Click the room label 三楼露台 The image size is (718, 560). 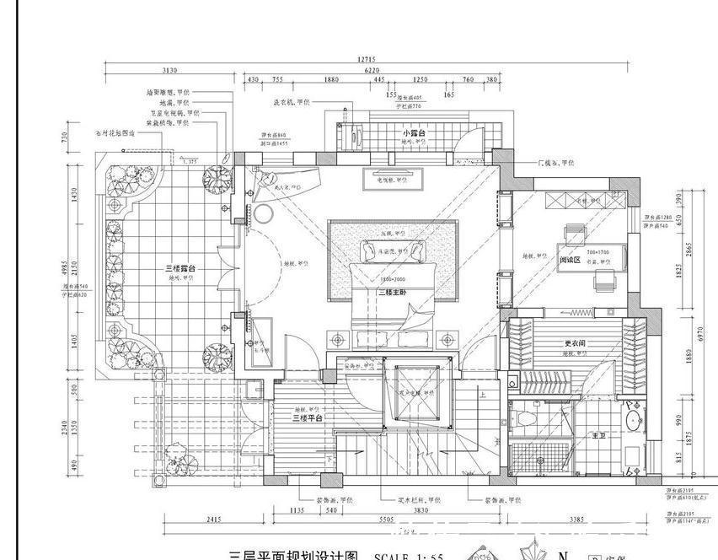[181, 268]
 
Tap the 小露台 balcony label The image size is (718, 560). [413, 134]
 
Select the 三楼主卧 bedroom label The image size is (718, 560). [393, 293]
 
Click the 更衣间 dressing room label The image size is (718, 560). [576, 344]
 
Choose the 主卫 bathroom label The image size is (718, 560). [598, 435]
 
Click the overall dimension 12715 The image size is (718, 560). [367, 60]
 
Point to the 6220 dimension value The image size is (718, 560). [371, 71]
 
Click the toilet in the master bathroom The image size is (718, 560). [526, 418]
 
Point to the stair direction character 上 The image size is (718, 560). [481, 394]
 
